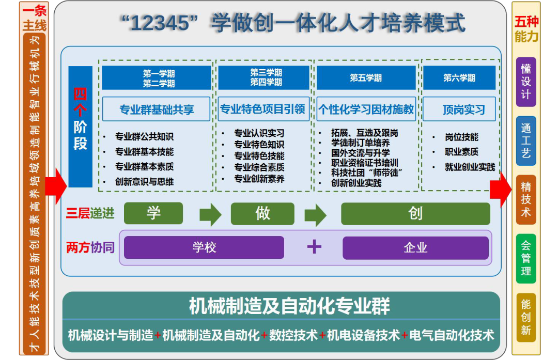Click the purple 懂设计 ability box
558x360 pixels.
coord(526,82)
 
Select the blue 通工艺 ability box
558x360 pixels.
coord(526,141)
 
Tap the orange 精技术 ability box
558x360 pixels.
coord(526,199)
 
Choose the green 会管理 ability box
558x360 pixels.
coord(526,259)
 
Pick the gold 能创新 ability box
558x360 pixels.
coord(526,318)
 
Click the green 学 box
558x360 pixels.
coord(153,213)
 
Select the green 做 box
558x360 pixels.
coord(262,213)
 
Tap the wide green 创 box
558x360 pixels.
coord(415,213)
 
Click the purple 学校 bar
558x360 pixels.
coord(204,247)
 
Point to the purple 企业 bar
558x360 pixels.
coord(415,247)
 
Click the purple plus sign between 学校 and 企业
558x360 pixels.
coord(314,246)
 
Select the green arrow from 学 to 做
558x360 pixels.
coord(211,215)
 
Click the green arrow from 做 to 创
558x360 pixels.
coord(315,215)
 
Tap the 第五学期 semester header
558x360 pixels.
coord(366,77)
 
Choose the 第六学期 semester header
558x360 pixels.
coord(459,77)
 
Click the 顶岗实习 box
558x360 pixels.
coord(459,109)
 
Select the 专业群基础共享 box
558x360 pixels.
coord(156,109)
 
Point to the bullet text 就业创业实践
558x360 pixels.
coord(470,167)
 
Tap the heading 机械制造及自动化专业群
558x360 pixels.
coord(289,306)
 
